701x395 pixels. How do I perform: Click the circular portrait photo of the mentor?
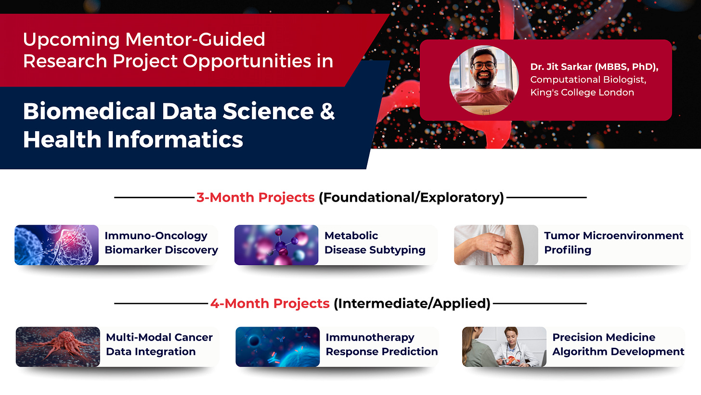click(484, 80)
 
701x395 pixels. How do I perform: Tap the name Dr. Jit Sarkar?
click(561, 67)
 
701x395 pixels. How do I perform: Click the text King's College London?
click(582, 93)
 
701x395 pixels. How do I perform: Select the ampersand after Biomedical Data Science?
click(327, 111)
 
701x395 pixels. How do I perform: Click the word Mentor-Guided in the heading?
click(195, 40)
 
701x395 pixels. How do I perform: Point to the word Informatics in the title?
click(175, 139)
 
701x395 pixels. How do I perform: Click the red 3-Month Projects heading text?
click(255, 198)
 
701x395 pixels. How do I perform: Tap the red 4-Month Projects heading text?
click(270, 303)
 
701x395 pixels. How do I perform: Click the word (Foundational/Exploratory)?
click(411, 198)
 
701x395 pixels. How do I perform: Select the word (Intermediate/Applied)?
click(412, 303)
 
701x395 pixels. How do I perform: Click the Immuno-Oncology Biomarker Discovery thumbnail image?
click(57, 245)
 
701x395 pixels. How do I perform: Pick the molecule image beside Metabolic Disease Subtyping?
click(276, 245)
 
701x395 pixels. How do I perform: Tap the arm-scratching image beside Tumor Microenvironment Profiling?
click(496, 245)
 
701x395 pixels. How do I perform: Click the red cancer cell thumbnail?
click(58, 347)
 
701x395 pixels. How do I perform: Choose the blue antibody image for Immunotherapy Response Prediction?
click(278, 347)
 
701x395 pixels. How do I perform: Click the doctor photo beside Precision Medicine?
click(504, 347)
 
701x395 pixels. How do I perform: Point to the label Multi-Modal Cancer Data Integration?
click(159, 344)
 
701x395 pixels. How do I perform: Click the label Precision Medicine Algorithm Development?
click(618, 344)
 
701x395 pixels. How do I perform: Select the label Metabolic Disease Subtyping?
click(375, 243)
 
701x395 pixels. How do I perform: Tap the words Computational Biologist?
click(588, 80)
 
